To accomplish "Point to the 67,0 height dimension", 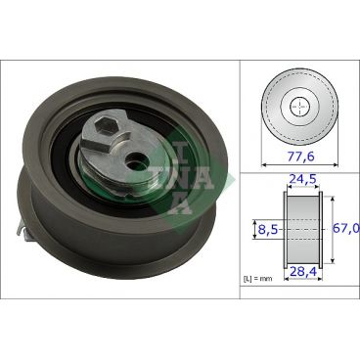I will click(x=346, y=227).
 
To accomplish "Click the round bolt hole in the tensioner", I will click(x=132, y=156).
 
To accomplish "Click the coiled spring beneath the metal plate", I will click(x=108, y=174).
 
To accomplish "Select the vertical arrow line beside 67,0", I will click(x=331, y=228).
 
